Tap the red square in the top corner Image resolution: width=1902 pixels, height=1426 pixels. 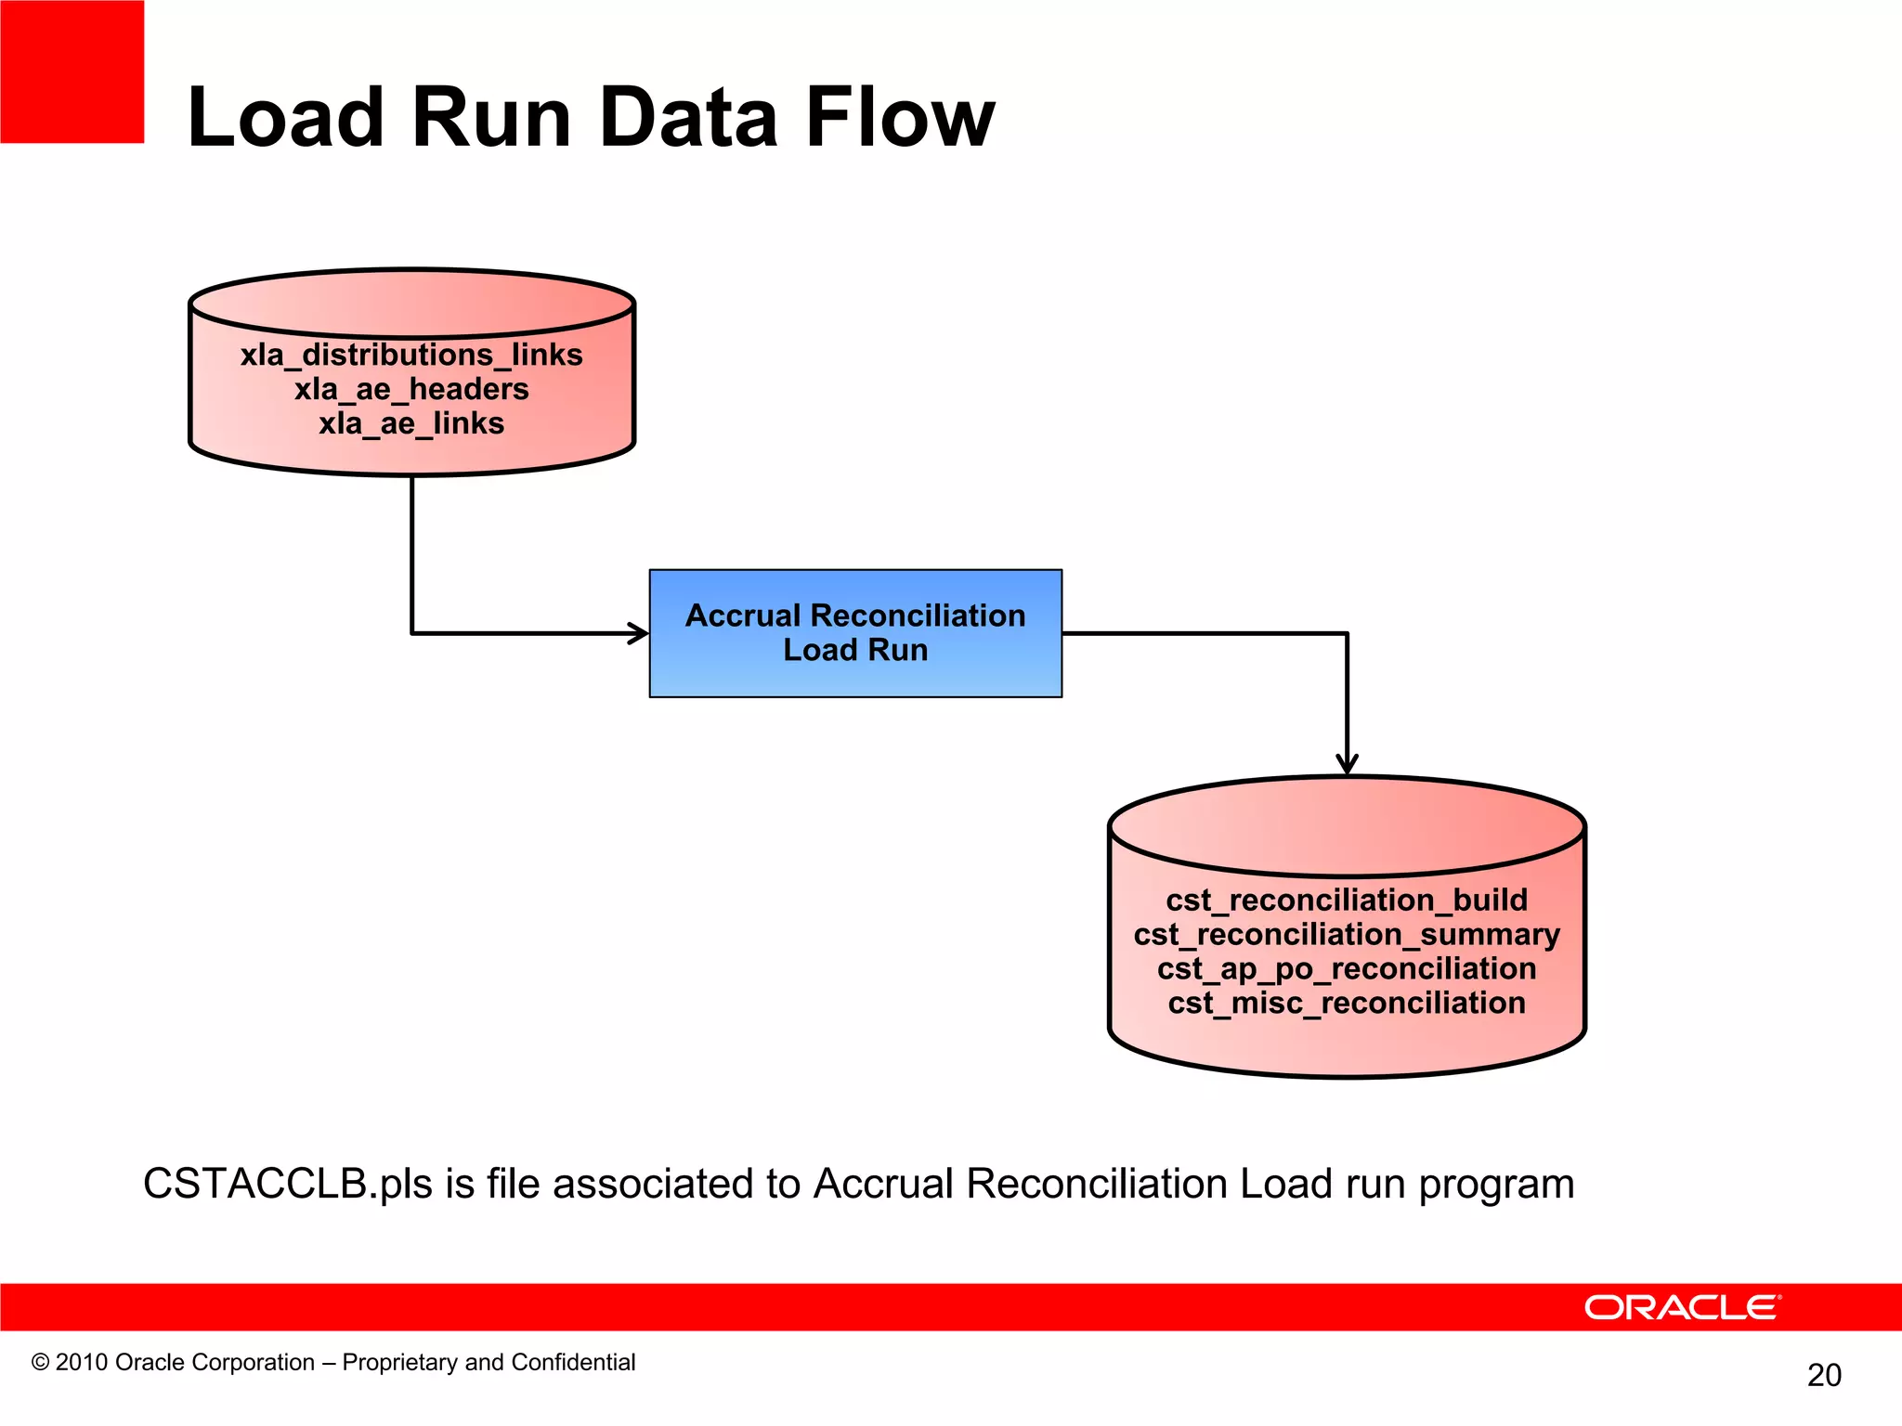click(72, 71)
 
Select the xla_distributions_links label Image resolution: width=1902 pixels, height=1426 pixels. click(411, 355)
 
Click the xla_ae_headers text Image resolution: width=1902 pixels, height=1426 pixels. click(411, 389)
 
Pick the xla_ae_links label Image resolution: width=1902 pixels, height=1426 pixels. click(411, 423)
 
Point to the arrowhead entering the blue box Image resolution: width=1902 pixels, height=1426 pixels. click(639, 633)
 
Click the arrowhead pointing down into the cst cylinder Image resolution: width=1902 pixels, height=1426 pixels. click(1347, 764)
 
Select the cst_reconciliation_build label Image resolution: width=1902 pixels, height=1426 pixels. click(1347, 900)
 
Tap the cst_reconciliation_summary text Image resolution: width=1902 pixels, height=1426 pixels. click(1347, 934)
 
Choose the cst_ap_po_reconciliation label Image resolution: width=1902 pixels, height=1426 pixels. click(1347, 968)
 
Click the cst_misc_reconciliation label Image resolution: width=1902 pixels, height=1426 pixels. click(1347, 1003)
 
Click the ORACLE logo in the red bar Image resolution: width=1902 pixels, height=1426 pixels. click(1682, 1307)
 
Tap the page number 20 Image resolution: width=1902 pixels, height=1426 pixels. click(1824, 1375)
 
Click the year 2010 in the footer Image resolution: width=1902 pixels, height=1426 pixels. click(82, 1362)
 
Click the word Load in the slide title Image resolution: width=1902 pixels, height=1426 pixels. click(285, 118)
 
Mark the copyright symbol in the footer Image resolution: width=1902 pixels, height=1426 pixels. click(40, 1362)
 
